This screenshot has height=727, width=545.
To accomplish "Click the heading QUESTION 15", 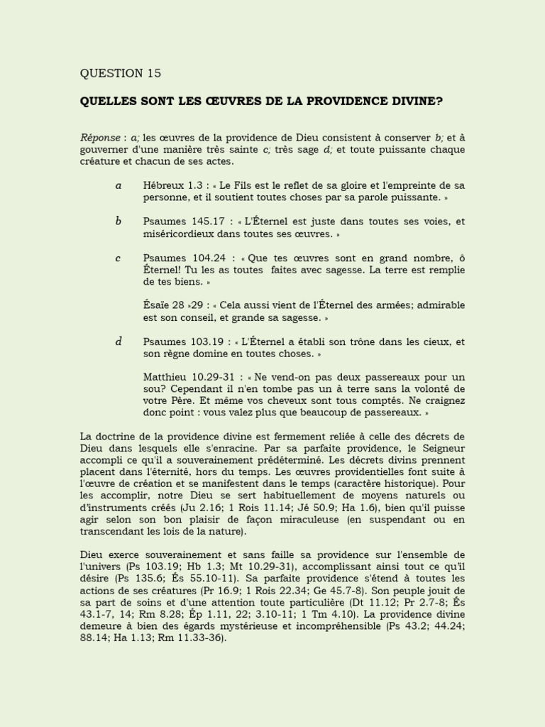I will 121,73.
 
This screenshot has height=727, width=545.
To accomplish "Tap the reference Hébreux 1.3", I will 167,185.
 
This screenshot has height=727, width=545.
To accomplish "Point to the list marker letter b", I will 118,222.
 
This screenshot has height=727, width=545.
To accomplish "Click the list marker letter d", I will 119,341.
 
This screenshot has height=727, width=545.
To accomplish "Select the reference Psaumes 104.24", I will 180,258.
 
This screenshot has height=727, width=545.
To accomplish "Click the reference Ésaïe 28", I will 163,305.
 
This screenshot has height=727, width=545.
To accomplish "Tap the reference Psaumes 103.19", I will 180,341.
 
